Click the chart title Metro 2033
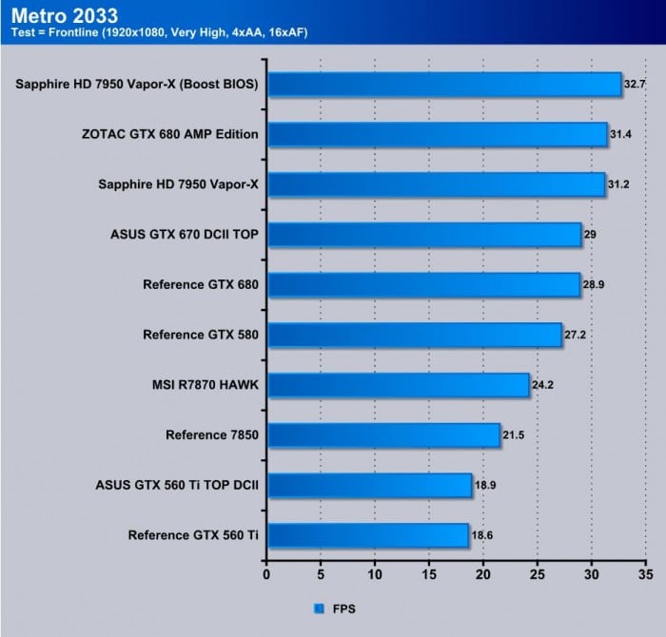click(65, 15)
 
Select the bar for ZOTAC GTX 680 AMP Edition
click(437, 134)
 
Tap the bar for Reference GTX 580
click(414, 335)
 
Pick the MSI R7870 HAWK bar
click(398, 385)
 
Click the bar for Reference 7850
click(382, 435)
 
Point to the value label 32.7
click(634, 84)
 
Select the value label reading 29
click(590, 234)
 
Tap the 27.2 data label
click(575, 335)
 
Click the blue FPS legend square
click(318, 606)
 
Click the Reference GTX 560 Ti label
click(193, 536)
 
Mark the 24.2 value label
click(542, 385)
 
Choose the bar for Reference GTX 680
click(422, 284)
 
